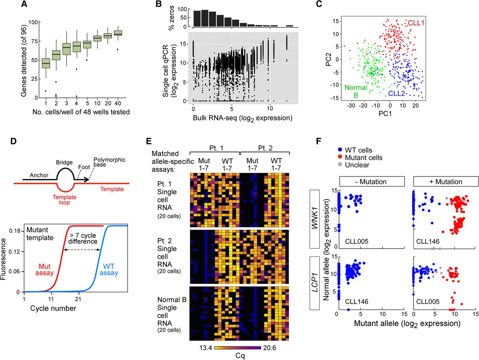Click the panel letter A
[x=24, y=4]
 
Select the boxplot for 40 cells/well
[x=118, y=33]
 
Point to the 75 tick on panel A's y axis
[x=34, y=41]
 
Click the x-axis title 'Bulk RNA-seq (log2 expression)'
[x=242, y=118]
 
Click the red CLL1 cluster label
[x=416, y=23]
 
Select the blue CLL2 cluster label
[x=397, y=93]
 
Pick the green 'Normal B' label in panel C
[x=356, y=91]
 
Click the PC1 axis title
[x=385, y=114]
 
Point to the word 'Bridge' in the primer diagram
[x=64, y=163]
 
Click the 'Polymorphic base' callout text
[x=109, y=162]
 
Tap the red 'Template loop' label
[x=64, y=200]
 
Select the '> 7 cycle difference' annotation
[x=83, y=239]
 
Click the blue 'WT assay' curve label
[x=109, y=270]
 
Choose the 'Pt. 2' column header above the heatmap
[x=265, y=148]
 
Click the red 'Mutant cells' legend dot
[x=340, y=158]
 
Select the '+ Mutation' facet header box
[x=446, y=182]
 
